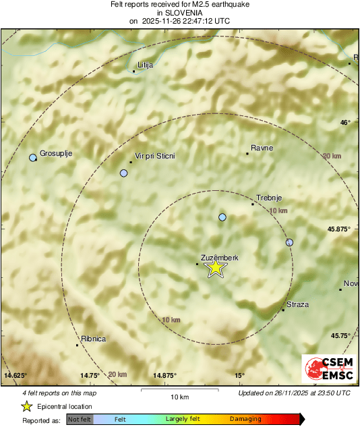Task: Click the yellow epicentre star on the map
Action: coord(215,268)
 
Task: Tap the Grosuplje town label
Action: coord(56,153)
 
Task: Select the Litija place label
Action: coord(146,65)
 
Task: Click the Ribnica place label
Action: coord(93,339)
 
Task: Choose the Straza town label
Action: coord(297,305)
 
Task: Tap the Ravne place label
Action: coord(262,148)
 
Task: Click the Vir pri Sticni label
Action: coord(154,156)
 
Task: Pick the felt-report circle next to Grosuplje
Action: coord(32,158)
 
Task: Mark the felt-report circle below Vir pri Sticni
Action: coord(123,173)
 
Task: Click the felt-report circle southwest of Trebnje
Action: coord(222,217)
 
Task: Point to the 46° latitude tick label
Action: coord(345,123)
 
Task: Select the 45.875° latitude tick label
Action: coord(339,229)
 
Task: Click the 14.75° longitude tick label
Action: coord(90,375)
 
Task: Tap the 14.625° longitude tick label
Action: coord(16,375)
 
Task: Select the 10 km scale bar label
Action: coord(179,397)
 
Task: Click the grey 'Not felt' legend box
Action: coord(80,419)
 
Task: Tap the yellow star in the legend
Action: coord(26,406)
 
